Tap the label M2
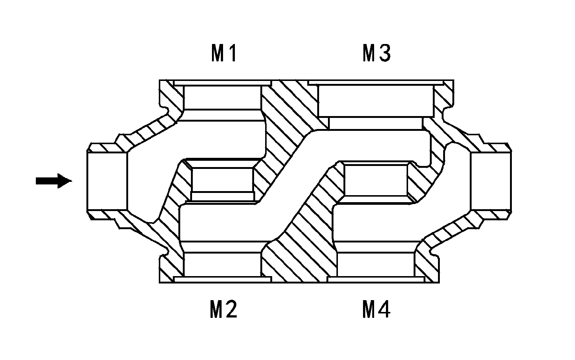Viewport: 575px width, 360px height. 223,309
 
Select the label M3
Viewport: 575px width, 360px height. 377,53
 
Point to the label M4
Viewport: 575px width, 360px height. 376,309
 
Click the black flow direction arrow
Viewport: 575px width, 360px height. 54,181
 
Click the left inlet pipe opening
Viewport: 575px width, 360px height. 107,181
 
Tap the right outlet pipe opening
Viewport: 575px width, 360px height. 491,181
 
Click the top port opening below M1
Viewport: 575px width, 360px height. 223,98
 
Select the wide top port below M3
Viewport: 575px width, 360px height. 376,101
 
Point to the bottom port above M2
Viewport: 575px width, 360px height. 222,264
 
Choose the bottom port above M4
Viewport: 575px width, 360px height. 376,264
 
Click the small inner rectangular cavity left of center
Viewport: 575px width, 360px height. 222,180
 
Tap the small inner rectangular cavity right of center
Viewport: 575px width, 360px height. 376,180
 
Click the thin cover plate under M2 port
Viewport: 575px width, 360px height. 222,279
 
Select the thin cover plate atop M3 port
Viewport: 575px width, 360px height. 376,82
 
